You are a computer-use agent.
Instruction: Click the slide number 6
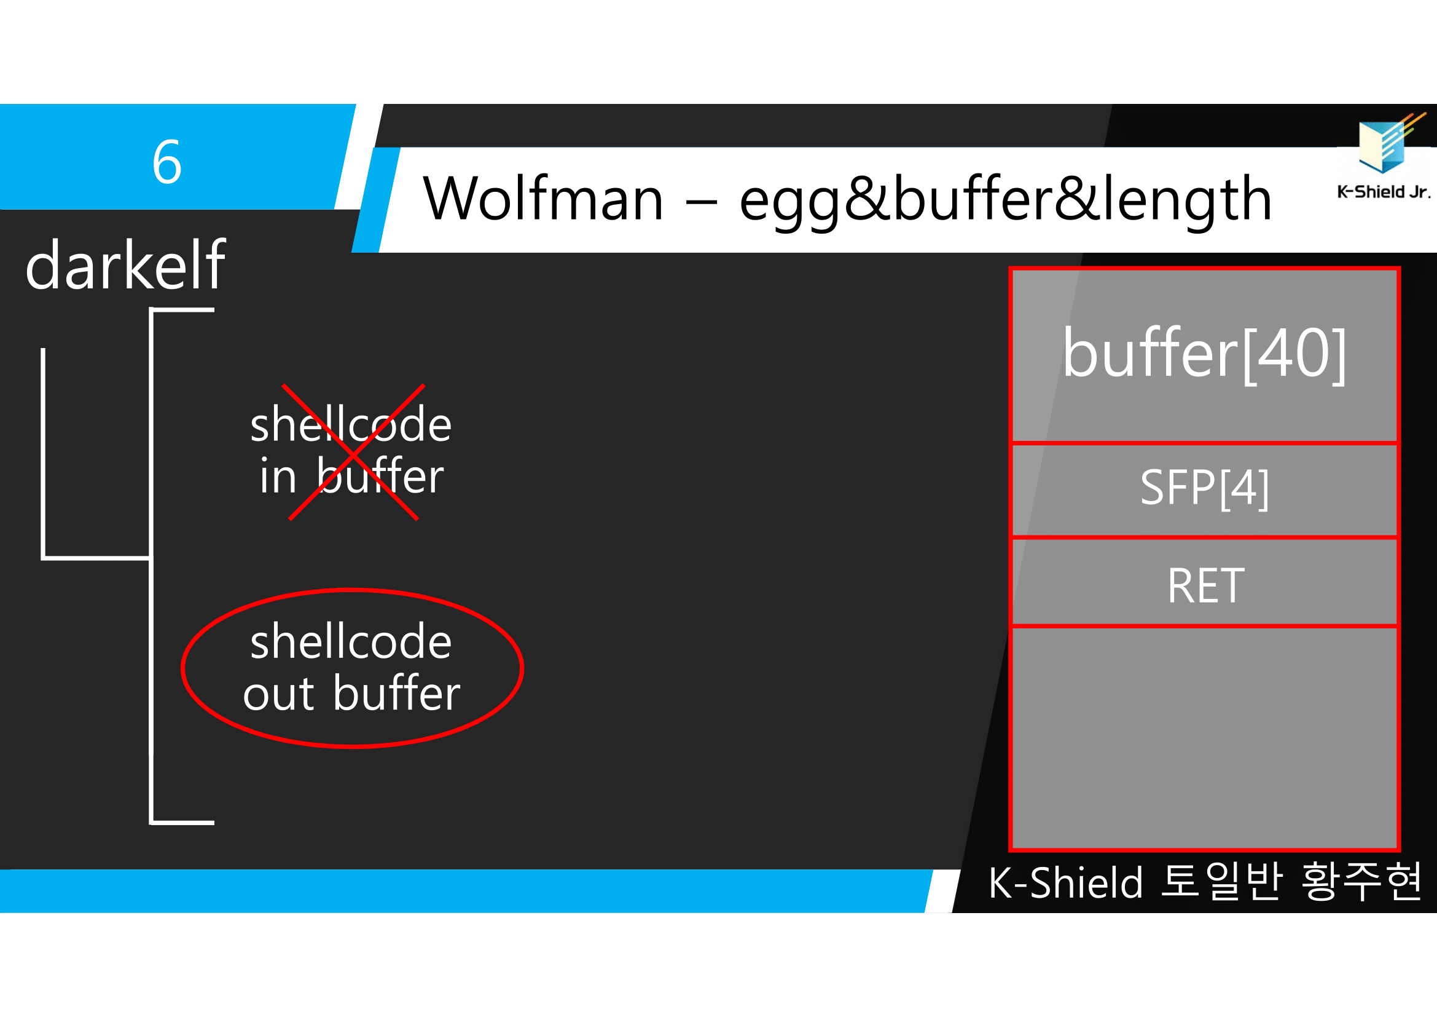(x=167, y=162)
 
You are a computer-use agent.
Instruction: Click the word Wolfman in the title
(x=542, y=199)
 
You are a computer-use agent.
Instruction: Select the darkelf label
(x=125, y=267)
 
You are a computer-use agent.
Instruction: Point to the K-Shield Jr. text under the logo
(x=1383, y=192)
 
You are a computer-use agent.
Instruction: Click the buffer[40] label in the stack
(x=1204, y=354)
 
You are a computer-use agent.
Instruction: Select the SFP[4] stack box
(x=1204, y=488)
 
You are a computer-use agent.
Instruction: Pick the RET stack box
(x=1204, y=586)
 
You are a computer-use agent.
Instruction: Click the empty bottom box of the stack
(x=1204, y=739)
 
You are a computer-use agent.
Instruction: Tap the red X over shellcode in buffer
(x=353, y=451)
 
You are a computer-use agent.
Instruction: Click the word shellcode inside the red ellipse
(x=351, y=643)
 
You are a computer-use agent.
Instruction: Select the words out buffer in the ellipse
(x=352, y=694)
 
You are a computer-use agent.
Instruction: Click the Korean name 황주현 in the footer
(x=1361, y=882)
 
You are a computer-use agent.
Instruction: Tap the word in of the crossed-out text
(x=278, y=477)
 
